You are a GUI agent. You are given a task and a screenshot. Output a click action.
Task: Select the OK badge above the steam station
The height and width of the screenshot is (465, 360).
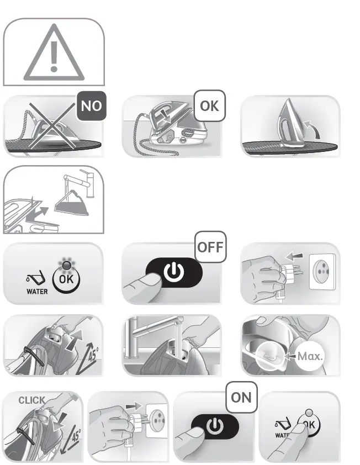coord(209,105)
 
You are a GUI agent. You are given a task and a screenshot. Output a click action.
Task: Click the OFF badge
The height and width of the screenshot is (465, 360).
coord(210,246)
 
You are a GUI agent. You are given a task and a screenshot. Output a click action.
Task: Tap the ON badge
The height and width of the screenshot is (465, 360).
coord(241,397)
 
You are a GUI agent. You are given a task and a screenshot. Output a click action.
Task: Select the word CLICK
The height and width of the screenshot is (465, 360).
coord(32,400)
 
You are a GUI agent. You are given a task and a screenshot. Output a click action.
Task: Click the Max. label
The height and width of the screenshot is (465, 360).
coord(310,356)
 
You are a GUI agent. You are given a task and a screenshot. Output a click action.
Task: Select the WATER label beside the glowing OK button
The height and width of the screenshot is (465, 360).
coord(37,291)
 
